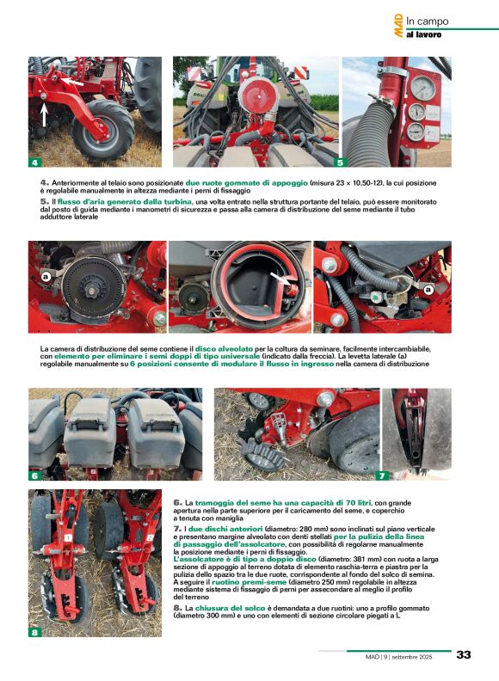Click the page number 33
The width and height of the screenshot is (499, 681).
click(464, 654)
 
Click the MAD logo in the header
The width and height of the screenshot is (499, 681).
click(398, 26)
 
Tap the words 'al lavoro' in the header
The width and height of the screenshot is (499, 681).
click(423, 34)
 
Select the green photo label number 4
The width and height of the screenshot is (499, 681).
click(34, 163)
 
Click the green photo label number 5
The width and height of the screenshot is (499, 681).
click(340, 163)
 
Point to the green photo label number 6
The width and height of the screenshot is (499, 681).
click(34, 475)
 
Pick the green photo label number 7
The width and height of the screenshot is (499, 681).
click(382, 475)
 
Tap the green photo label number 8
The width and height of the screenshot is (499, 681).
click(34, 632)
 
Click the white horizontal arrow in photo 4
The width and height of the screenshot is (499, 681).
click(71, 82)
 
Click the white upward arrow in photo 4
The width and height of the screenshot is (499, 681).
click(44, 114)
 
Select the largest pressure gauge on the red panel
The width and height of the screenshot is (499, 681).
click(422, 88)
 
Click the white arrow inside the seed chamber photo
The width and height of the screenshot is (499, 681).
click(279, 279)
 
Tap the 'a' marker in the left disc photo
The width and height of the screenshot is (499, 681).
click(46, 276)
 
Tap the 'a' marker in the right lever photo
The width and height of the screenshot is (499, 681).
click(429, 290)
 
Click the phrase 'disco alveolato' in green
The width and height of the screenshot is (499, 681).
click(224, 349)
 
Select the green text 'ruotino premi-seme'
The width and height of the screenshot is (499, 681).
click(249, 582)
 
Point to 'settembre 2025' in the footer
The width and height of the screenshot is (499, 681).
click(411, 657)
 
